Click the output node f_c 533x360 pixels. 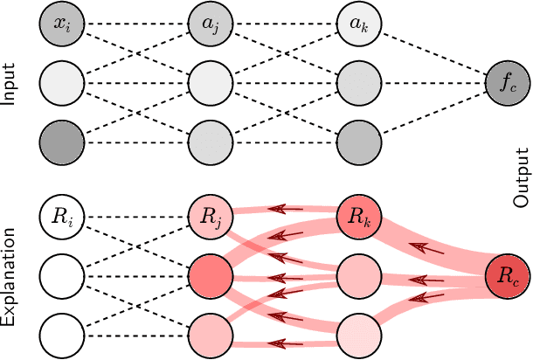click(508, 84)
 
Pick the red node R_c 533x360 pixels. click(508, 277)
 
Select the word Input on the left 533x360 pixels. click(10, 84)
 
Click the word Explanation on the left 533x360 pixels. click(10, 278)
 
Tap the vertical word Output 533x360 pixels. click(522, 177)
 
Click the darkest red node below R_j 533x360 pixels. click(211, 278)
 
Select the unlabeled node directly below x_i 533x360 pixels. click(62, 84)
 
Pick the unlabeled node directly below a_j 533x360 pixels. click(211, 84)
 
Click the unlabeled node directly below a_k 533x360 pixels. click(359, 84)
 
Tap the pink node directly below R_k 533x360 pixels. click(359, 278)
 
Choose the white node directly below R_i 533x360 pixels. click(62, 278)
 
